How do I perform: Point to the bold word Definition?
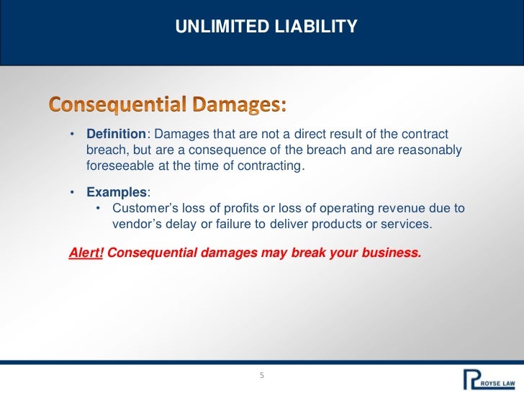(x=117, y=135)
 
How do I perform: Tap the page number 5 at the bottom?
(x=262, y=376)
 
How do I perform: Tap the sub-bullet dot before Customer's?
(x=99, y=209)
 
